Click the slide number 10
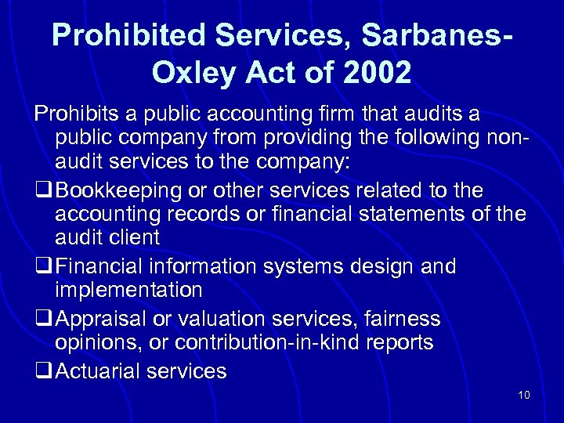[524, 395]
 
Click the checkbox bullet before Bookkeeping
[43, 191]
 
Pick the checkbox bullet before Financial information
[43, 266]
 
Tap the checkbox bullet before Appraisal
[43, 319]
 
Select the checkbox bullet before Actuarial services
[43, 371]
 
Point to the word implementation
[128, 290]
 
